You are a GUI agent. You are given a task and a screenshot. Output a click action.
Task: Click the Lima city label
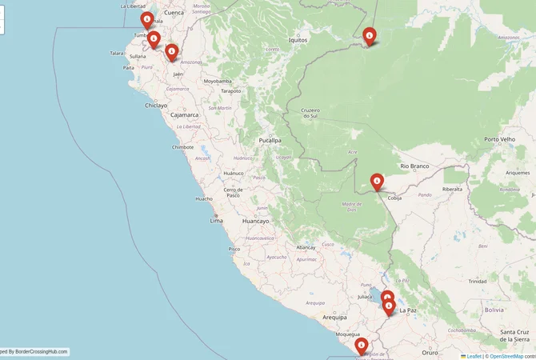click(216, 220)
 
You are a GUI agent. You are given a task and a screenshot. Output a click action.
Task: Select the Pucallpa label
click(270, 140)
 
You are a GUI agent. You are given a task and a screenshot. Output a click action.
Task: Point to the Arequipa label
click(334, 318)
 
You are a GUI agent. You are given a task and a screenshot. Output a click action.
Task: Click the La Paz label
click(407, 310)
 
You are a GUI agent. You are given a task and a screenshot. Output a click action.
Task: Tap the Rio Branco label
click(415, 166)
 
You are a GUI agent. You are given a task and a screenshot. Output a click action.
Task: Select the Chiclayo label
click(156, 105)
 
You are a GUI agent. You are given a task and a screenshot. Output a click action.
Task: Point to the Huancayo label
click(256, 221)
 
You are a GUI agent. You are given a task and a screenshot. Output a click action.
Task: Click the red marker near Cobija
click(377, 182)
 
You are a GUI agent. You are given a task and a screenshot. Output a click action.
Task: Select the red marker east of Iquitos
click(369, 35)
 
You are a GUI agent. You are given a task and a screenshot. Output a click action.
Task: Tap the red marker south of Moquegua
click(362, 345)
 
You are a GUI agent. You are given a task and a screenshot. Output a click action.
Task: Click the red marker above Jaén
click(171, 52)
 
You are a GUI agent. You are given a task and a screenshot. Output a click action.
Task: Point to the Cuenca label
click(174, 13)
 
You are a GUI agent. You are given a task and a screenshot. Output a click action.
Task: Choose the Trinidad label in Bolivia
click(478, 282)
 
